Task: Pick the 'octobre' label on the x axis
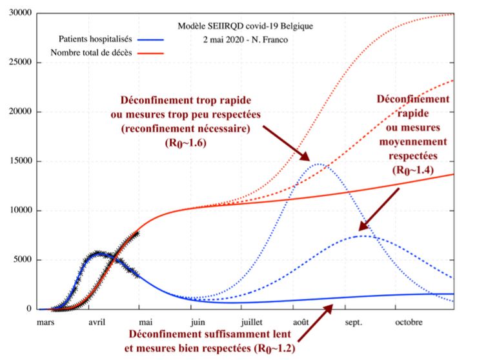tap(408, 322)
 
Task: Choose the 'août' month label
tap(302, 322)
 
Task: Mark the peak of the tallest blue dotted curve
tap(318, 165)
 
